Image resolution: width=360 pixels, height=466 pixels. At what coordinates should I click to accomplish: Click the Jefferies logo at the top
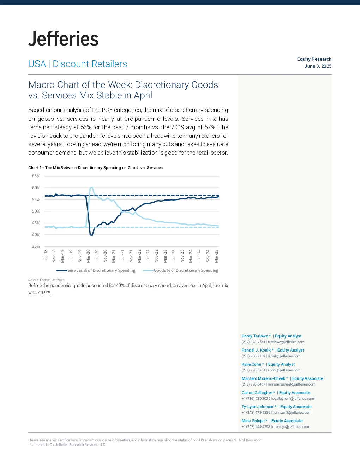(x=63, y=38)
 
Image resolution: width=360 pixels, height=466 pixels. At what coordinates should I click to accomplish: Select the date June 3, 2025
(x=318, y=66)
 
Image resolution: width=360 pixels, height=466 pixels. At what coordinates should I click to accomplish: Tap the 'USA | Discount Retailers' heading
(x=78, y=64)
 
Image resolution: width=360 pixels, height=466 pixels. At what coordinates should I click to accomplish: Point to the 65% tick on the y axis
(x=36, y=176)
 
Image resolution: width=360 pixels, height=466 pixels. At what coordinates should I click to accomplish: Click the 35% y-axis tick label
(x=36, y=246)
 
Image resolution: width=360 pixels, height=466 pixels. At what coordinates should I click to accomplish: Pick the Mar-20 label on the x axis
(x=88, y=256)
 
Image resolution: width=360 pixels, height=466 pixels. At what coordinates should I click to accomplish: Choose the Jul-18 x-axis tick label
(x=46, y=255)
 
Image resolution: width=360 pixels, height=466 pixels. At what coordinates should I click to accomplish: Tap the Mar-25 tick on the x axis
(x=216, y=256)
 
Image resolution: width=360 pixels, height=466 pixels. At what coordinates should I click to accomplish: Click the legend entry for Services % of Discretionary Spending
(x=96, y=270)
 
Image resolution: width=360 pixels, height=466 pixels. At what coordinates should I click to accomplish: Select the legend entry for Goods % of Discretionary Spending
(x=181, y=270)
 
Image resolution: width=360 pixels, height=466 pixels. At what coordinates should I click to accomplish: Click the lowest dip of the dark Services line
(x=92, y=235)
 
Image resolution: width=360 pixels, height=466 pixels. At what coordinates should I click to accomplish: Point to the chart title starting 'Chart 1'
(x=95, y=168)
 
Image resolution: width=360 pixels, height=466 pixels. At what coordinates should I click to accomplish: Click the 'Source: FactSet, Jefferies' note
(x=46, y=280)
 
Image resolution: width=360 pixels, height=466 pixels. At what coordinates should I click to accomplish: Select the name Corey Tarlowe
(x=255, y=336)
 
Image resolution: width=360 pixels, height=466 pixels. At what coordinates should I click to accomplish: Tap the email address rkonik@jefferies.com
(x=284, y=356)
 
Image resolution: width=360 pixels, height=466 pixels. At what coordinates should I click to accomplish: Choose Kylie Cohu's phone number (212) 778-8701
(x=253, y=370)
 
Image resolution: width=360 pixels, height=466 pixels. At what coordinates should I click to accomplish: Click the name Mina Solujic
(x=253, y=421)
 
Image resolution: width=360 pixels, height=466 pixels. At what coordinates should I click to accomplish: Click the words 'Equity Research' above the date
(x=314, y=59)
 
